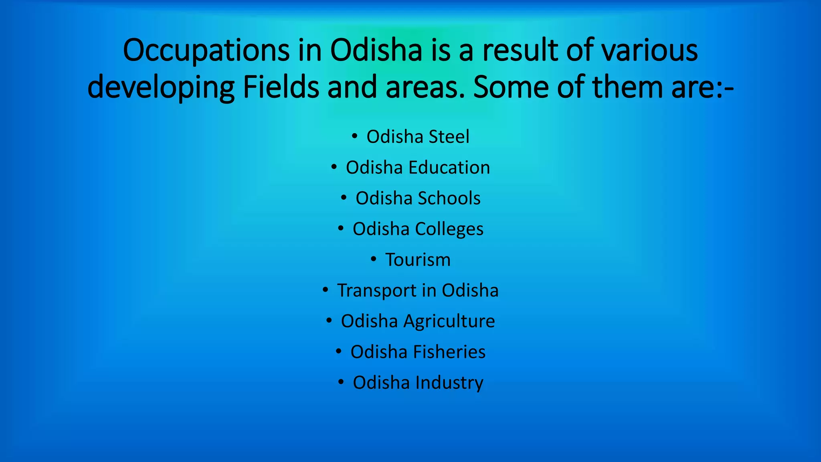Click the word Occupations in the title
206,51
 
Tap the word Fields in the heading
281,87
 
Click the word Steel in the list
449,137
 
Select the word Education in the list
449,168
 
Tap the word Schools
449,198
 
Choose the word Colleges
449,229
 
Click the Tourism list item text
418,260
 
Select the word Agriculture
449,321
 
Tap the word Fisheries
449,352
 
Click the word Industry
449,383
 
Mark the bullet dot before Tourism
374,259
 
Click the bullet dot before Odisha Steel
354,136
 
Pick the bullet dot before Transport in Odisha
326,290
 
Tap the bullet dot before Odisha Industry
341,382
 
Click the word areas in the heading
425,87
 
